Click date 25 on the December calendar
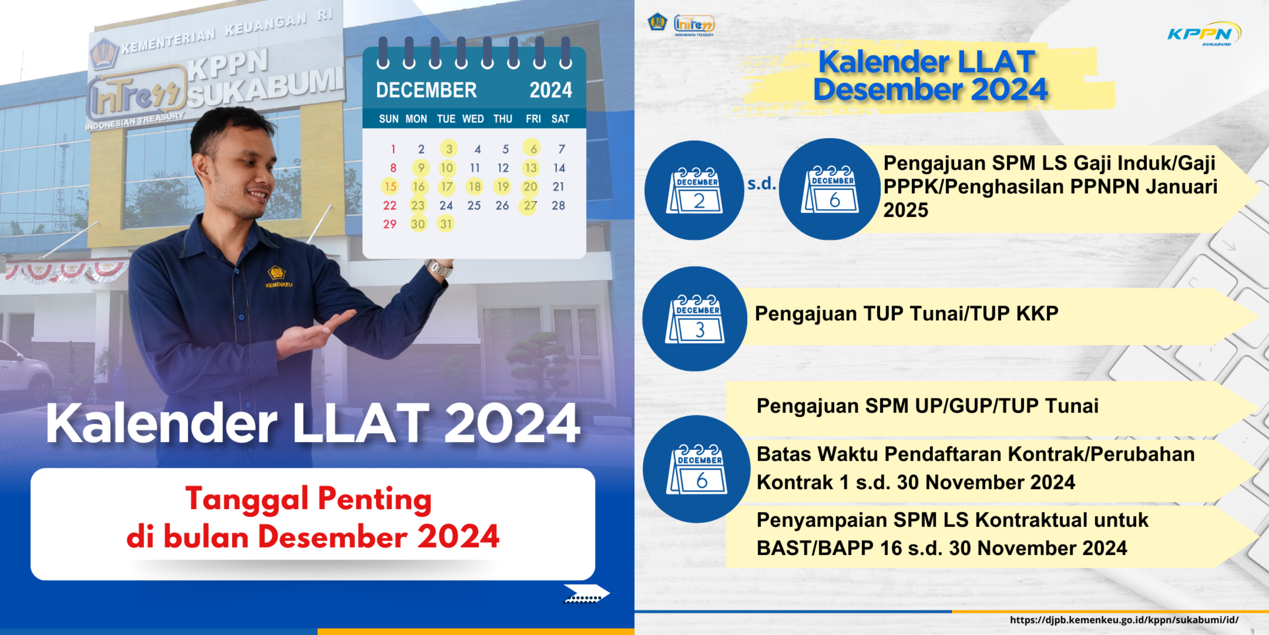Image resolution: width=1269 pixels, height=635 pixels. pyautogui.click(x=474, y=206)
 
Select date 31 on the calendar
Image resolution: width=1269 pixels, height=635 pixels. pyautogui.click(x=446, y=224)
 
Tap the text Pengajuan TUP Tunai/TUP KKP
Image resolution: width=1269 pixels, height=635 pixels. pyautogui.click(x=906, y=314)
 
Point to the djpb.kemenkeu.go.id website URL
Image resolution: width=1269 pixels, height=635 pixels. pyautogui.click(x=1124, y=620)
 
